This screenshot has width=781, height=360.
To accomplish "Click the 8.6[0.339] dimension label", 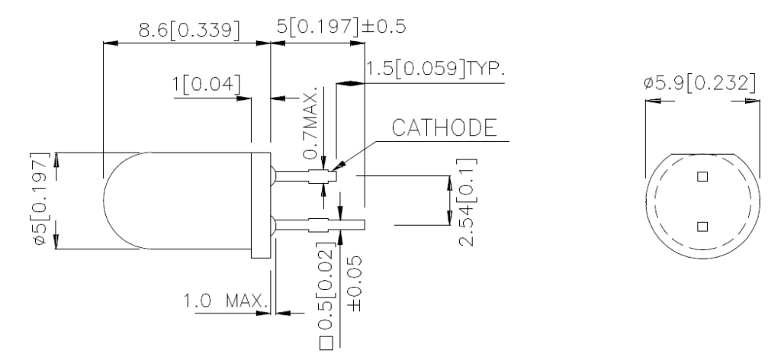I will [x=186, y=30].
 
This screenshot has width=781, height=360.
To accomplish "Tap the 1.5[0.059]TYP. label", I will [x=435, y=70].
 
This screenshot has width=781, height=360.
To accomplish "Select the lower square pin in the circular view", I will [x=702, y=226].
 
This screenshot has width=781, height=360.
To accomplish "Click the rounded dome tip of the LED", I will [x=111, y=201].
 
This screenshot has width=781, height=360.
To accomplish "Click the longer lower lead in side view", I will [x=320, y=224].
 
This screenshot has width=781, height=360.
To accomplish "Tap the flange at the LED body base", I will [x=262, y=202].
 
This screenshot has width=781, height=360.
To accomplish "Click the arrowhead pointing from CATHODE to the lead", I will [x=336, y=165].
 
